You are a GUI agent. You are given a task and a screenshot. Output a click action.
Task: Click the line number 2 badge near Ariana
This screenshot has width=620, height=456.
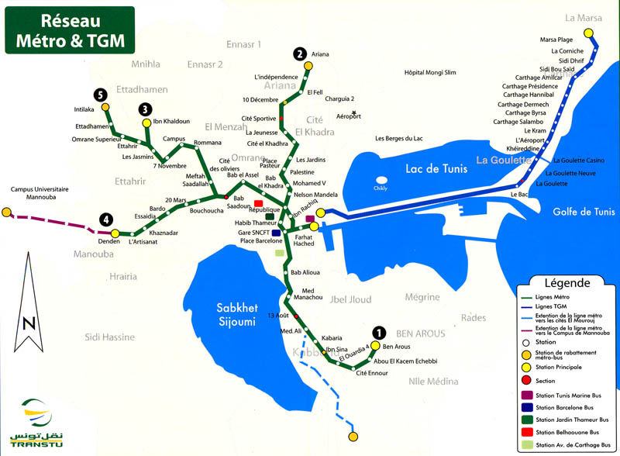[x=299, y=54]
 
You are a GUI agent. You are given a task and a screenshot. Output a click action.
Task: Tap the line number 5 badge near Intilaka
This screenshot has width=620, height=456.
[x=99, y=95]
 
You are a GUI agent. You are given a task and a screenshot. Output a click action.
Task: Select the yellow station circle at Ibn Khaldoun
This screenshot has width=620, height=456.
[x=146, y=122]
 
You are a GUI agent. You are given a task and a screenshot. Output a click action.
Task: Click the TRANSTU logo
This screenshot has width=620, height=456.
[x=36, y=423]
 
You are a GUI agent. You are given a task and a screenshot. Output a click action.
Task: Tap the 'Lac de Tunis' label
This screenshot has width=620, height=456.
[x=436, y=168]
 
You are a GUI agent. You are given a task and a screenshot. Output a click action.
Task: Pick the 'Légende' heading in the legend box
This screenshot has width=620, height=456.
[x=568, y=283]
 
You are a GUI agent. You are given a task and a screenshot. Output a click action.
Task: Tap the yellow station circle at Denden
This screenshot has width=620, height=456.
[x=115, y=233]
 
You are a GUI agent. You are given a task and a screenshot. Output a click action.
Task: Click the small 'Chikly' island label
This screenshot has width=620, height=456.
[x=380, y=188]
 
